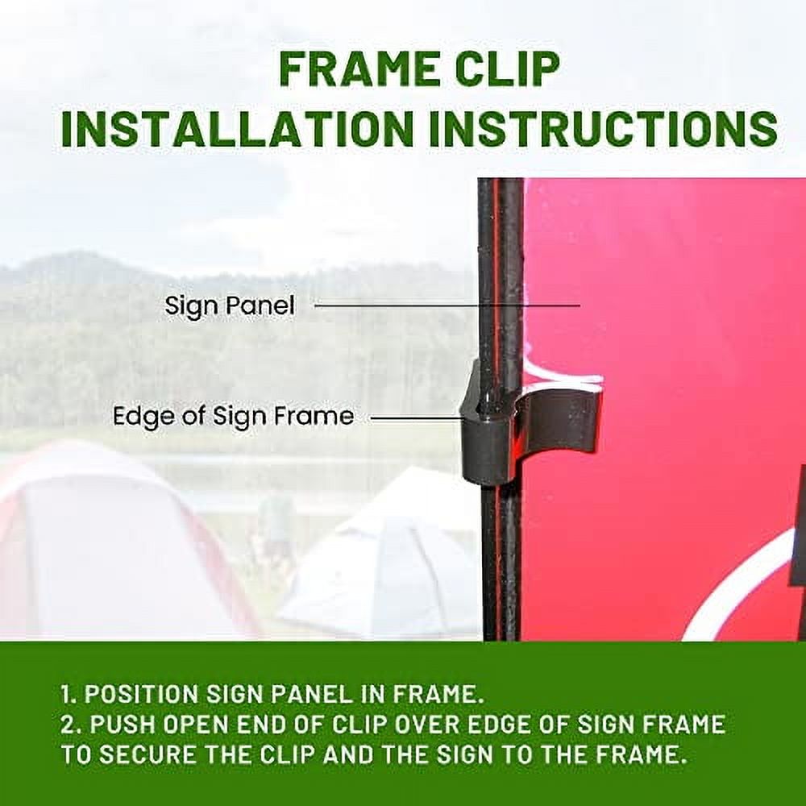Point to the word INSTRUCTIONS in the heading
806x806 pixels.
point(602,129)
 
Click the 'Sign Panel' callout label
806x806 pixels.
point(230,306)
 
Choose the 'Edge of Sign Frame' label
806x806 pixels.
point(233,417)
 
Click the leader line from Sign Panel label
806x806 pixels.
point(447,305)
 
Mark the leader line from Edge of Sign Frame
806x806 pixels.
point(415,418)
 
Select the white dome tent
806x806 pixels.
point(387,564)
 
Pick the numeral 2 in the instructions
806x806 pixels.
point(69,724)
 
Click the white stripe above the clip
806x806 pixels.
point(564,379)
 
